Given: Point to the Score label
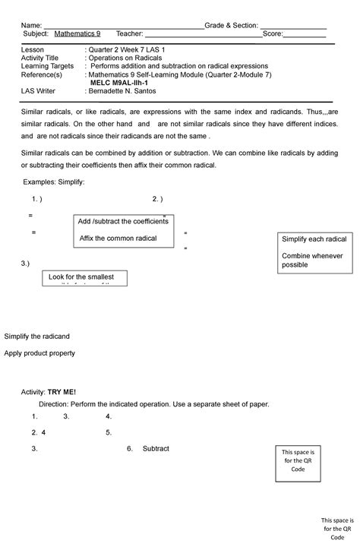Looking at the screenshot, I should pos(272,34).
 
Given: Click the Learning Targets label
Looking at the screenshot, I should pos(48,66).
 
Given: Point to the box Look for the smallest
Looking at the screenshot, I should pos(84,278).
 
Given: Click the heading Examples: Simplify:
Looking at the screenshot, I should pos(54,182).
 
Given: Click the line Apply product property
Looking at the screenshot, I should pos(39,353).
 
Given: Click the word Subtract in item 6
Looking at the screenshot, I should pos(156,449).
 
